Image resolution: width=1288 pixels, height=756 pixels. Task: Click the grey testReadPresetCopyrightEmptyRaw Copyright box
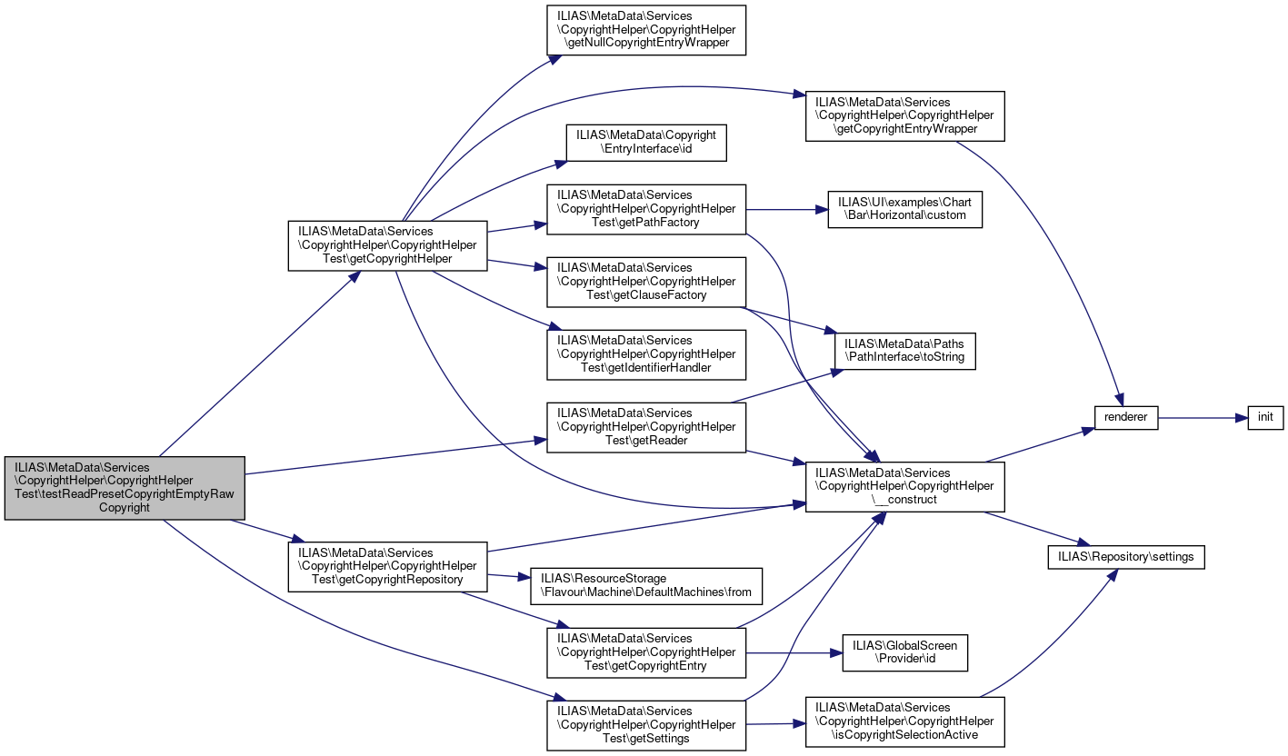[125, 488]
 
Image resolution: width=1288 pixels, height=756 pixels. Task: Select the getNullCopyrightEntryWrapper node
[646, 30]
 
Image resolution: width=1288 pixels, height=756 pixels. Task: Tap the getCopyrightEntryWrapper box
[905, 115]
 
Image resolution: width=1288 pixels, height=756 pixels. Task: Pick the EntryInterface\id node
[646, 143]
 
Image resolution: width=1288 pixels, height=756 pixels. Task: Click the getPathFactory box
[646, 209]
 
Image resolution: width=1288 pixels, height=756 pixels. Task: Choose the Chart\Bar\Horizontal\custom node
[905, 209]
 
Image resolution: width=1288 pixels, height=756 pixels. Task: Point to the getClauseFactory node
[646, 282]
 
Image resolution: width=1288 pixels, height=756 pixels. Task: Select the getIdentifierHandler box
[646, 354]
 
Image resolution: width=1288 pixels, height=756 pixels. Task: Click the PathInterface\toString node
[905, 351]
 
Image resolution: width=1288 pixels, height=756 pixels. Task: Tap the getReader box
[646, 427]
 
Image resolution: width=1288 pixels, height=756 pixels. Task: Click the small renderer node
[1126, 417]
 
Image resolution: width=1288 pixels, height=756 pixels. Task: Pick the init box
[1265, 417]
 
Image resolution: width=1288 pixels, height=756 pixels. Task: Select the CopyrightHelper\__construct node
[905, 486]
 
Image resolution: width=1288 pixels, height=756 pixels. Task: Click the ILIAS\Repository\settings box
[1126, 557]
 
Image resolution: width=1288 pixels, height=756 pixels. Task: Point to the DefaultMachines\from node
[646, 586]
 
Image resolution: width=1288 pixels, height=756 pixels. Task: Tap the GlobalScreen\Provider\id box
[905, 652]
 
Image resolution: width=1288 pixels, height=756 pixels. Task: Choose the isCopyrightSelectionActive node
[905, 722]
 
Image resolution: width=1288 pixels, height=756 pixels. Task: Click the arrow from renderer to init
[1203, 418]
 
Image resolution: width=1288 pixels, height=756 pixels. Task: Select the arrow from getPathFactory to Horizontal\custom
[787, 210]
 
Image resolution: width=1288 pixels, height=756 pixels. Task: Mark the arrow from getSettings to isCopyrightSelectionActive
[775, 724]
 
